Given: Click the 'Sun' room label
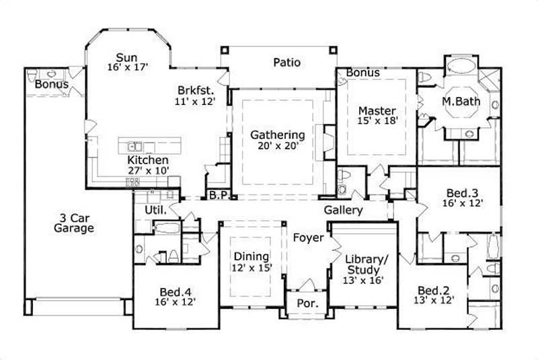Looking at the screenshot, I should coord(126,57).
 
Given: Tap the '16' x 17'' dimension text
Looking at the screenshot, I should coord(126,67).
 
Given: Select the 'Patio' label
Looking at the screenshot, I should coord(286,63).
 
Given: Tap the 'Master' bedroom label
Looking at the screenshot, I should coord(376,110).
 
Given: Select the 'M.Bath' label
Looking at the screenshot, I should coord(459,102).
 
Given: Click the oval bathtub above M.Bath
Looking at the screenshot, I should coord(461,68).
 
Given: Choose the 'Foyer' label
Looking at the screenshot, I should coord(308,238).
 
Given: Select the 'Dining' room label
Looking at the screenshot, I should coord(251,256).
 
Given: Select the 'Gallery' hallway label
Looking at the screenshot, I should coord(343,210).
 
